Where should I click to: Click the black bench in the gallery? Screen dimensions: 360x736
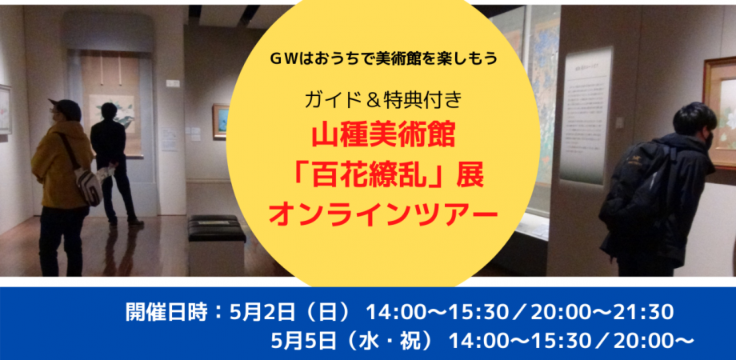[216, 230]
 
